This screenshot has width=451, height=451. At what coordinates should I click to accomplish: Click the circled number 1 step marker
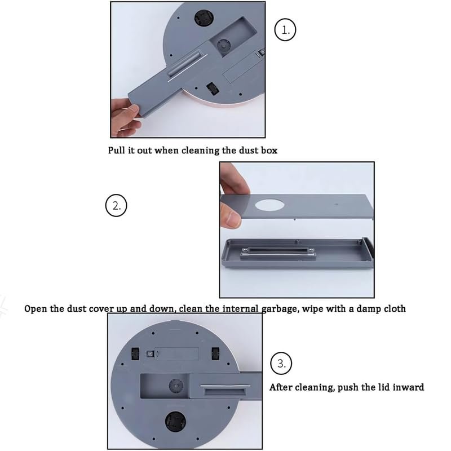285,29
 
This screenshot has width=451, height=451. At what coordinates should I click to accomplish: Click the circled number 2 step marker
116,205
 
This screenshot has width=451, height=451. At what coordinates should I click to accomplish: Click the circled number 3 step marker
281,363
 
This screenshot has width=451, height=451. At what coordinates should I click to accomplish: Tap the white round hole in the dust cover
269,205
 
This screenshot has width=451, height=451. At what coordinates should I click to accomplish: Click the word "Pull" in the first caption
117,150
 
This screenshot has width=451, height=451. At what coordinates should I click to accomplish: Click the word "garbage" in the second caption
280,309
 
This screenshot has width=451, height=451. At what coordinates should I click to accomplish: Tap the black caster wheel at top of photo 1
204,17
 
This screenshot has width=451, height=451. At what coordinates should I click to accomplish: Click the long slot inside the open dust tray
277,251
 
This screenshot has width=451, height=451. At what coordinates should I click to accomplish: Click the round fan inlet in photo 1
223,46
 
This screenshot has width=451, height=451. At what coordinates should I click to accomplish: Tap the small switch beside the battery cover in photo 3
149,354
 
